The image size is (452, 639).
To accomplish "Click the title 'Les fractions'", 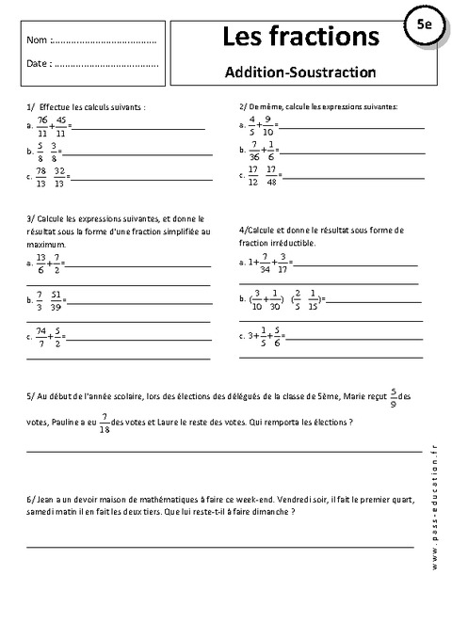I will pyautogui.click(x=300, y=37).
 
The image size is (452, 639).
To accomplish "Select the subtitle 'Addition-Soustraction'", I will pyautogui.click(x=300, y=71).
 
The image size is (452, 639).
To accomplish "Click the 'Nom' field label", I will pyautogui.click(x=37, y=41).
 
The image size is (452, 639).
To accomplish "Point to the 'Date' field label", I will pyautogui.click(x=38, y=64).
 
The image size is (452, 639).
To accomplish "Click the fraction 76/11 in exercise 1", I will pyautogui.click(x=41, y=126).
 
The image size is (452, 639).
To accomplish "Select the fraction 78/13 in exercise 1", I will pyautogui.click(x=41, y=176).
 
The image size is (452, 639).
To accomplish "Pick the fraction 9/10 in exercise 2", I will pyautogui.click(x=268, y=125).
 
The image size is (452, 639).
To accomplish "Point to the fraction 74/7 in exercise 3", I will pyautogui.click(x=40, y=336).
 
